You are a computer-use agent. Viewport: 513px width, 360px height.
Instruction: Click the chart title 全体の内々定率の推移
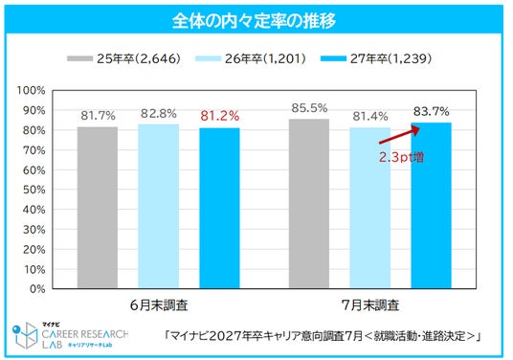[254, 21]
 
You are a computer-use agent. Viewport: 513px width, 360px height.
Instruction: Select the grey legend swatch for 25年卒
[79, 58]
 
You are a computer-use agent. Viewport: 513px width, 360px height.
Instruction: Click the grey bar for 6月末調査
[98, 208]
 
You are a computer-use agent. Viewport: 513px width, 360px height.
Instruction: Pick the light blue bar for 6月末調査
[158, 207]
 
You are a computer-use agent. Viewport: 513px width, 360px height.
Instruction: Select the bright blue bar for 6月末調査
[219, 208]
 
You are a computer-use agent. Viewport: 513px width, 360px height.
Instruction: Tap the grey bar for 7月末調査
[309, 204]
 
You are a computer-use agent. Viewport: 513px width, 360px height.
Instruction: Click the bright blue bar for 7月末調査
[432, 206]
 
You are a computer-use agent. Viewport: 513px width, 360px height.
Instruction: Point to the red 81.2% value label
[220, 116]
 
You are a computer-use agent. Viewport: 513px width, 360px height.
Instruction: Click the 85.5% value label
[309, 108]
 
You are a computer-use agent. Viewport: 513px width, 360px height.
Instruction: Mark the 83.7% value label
[432, 112]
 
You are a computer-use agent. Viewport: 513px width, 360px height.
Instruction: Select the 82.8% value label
[159, 114]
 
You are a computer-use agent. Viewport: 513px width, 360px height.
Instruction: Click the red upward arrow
[399, 136]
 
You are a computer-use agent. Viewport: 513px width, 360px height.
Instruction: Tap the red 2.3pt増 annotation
[401, 157]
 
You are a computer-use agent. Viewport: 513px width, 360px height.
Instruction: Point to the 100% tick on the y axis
[31, 90]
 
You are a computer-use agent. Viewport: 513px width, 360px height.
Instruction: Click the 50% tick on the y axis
[34, 190]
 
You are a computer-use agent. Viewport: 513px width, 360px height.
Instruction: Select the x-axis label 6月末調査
[159, 305]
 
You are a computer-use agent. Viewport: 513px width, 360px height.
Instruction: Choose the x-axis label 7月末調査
[370, 305]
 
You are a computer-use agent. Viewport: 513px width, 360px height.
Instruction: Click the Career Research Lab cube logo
[25, 335]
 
